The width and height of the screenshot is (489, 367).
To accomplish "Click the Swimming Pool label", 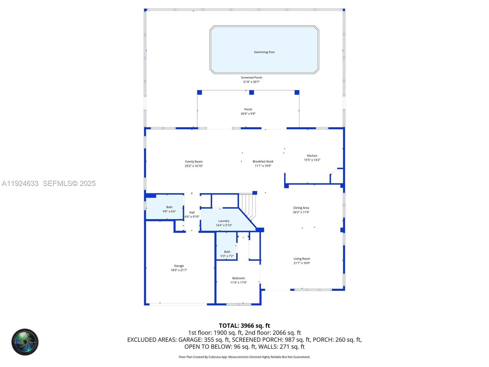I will click(264, 52).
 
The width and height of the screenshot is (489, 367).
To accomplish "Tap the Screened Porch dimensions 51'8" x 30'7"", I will click(251, 82).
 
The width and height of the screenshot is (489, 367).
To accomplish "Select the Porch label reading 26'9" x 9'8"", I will click(248, 111).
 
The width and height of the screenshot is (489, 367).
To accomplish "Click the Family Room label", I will click(194, 164).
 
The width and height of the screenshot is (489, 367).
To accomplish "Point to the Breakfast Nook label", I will click(263, 163).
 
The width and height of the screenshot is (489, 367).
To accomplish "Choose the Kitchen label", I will click(312, 158).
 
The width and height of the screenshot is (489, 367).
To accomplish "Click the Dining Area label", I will click(301, 210).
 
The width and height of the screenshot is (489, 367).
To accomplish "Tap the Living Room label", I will click(302, 261).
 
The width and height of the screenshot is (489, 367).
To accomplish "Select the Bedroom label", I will click(238, 280).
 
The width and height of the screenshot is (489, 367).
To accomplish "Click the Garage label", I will click(179, 268).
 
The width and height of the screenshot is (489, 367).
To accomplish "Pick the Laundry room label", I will click(224, 223).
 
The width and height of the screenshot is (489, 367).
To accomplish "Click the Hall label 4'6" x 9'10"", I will click(192, 214).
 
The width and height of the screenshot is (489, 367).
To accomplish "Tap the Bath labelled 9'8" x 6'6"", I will click(169, 209).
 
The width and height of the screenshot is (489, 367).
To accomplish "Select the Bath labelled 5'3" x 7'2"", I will click(227, 254).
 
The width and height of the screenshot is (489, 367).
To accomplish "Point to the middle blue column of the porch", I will click(252, 92).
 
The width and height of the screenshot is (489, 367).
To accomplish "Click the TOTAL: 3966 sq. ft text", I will click(244, 326).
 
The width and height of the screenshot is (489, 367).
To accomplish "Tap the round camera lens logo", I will click(25, 342).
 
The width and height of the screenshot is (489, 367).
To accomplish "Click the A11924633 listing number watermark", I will click(20, 183).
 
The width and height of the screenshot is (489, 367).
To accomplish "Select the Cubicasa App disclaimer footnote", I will click(244, 357).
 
